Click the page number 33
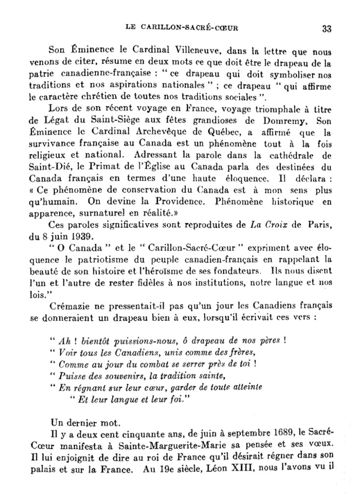[x=327, y=28]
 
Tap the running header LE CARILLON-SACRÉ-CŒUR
[x=182, y=28]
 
